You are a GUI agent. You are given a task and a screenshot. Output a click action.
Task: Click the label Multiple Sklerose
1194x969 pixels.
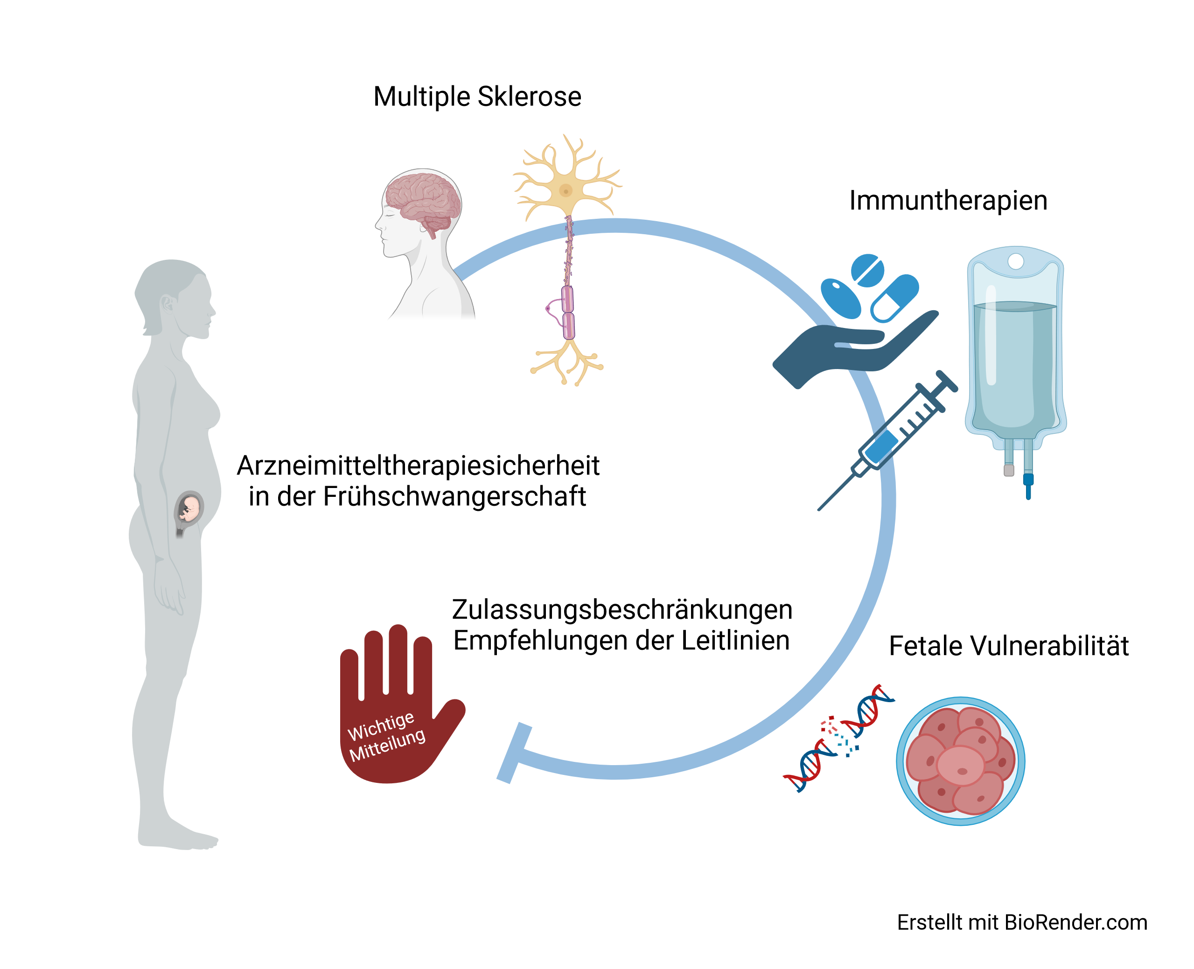[477, 97]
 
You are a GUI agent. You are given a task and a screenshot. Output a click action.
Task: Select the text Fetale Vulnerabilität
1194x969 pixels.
[1009, 646]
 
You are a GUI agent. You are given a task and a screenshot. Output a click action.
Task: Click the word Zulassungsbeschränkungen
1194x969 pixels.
[622, 609]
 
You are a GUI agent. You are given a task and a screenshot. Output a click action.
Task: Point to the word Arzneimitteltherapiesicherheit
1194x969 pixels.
[418, 466]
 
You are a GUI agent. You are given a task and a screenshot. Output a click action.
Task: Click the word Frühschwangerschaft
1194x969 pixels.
[454, 497]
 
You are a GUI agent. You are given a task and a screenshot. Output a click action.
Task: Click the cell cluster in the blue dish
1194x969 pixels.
[960, 761]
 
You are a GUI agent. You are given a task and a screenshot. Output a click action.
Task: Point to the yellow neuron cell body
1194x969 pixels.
[566, 191]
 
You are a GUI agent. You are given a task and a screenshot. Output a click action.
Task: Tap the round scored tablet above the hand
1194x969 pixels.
[867, 271]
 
